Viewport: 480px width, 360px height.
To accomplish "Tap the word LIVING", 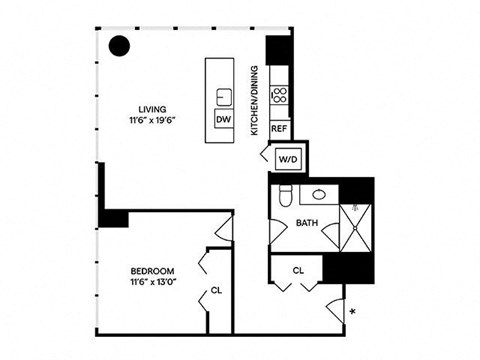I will pyautogui.click(x=153, y=109).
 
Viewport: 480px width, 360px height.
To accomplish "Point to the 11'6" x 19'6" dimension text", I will pyautogui.click(x=153, y=121).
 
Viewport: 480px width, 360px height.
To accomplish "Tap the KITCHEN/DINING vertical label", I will pyautogui.click(x=254, y=100).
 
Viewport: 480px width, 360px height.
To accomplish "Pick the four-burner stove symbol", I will pyautogui.click(x=279, y=97).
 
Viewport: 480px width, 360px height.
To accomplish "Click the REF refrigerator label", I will pyautogui.click(x=279, y=129).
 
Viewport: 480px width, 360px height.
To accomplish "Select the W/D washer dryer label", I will pyautogui.click(x=287, y=158).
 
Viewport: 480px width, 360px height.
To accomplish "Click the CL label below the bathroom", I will pyautogui.click(x=299, y=270).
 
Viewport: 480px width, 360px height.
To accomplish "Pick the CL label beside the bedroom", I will pyautogui.click(x=216, y=292).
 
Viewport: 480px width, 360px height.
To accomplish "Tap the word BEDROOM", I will pyautogui.click(x=153, y=271).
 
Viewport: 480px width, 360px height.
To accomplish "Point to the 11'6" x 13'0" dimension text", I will pyautogui.click(x=153, y=283).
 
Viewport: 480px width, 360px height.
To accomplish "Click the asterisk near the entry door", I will pyautogui.click(x=353, y=314).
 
